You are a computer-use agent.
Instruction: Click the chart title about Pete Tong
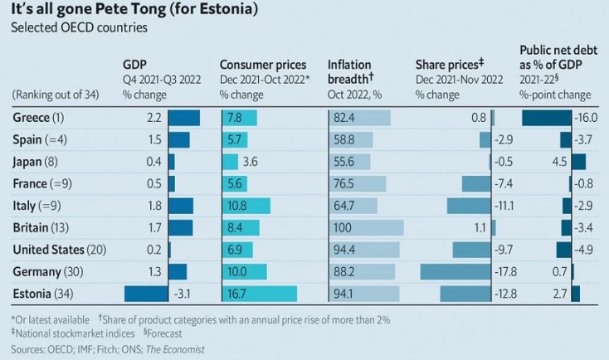(132, 10)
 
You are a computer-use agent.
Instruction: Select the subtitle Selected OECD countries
(79, 27)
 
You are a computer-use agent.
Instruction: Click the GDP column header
(135, 65)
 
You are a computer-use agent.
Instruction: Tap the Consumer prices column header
(263, 65)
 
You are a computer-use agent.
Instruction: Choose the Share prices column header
(449, 65)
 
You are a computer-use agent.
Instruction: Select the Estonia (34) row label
(47, 293)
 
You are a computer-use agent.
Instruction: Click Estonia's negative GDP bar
(145, 293)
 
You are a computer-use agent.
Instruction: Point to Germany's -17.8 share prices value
(505, 271)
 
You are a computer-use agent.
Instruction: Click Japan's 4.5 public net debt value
(559, 162)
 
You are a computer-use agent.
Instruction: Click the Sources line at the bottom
(107, 349)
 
